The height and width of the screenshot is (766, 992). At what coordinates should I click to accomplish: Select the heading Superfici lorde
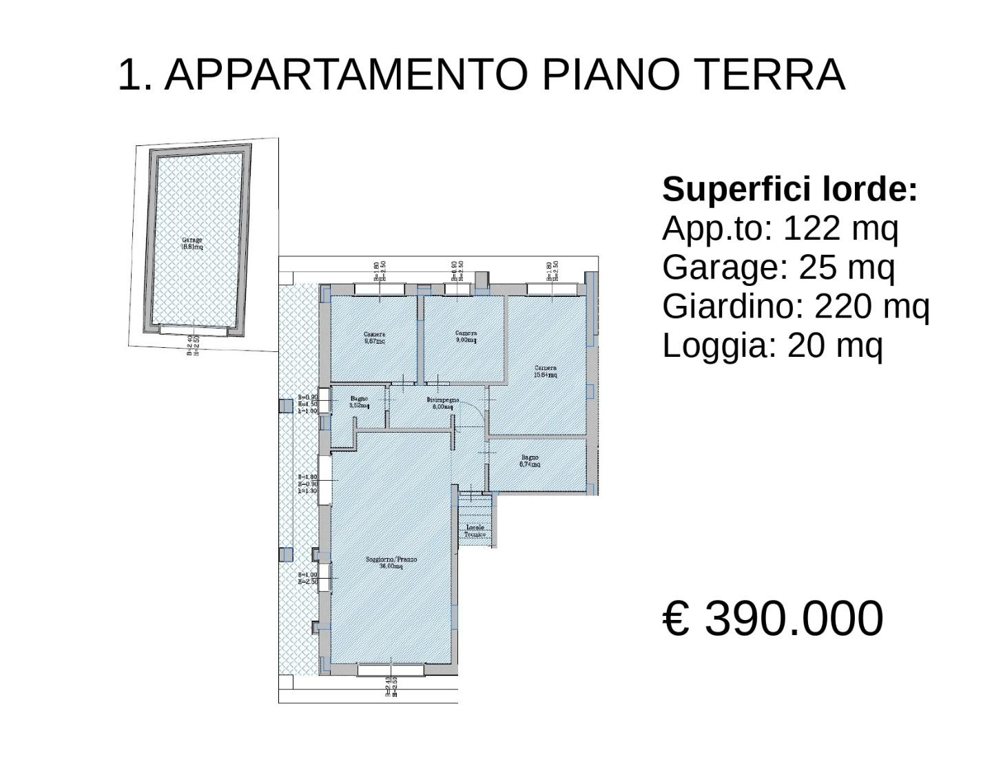pyautogui.click(x=789, y=189)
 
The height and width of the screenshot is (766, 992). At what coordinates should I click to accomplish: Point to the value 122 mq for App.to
pyautogui.click(x=840, y=228)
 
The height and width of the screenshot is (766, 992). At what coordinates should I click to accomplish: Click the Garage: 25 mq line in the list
pyautogui.click(x=778, y=267)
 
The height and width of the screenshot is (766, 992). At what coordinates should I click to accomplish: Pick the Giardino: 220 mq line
pyautogui.click(x=795, y=306)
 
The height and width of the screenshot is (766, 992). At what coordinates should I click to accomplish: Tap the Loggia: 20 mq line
pyautogui.click(x=772, y=345)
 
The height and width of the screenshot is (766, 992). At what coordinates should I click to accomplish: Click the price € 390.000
pyautogui.click(x=772, y=618)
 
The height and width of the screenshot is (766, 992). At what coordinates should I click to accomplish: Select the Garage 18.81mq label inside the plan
pyautogui.click(x=192, y=243)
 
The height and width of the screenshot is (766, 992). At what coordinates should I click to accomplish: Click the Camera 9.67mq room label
pyautogui.click(x=374, y=338)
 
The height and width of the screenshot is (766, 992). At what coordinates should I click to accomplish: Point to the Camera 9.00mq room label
pyautogui.click(x=466, y=337)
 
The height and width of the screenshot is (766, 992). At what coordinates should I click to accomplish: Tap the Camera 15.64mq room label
pyautogui.click(x=546, y=371)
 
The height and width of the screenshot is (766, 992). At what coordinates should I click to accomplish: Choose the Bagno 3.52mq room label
pyautogui.click(x=359, y=402)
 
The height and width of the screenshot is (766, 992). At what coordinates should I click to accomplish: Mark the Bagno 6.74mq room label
pyautogui.click(x=530, y=461)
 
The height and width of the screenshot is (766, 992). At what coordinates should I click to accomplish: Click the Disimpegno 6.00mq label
pyautogui.click(x=442, y=403)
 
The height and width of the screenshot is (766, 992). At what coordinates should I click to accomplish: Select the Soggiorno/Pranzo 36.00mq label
pyautogui.click(x=391, y=563)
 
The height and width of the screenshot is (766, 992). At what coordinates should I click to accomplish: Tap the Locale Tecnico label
pyautogui.click(x=475, y=531)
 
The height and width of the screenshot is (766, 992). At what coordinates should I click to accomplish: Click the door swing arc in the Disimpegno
pyautogui.click(x=475, y=411)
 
